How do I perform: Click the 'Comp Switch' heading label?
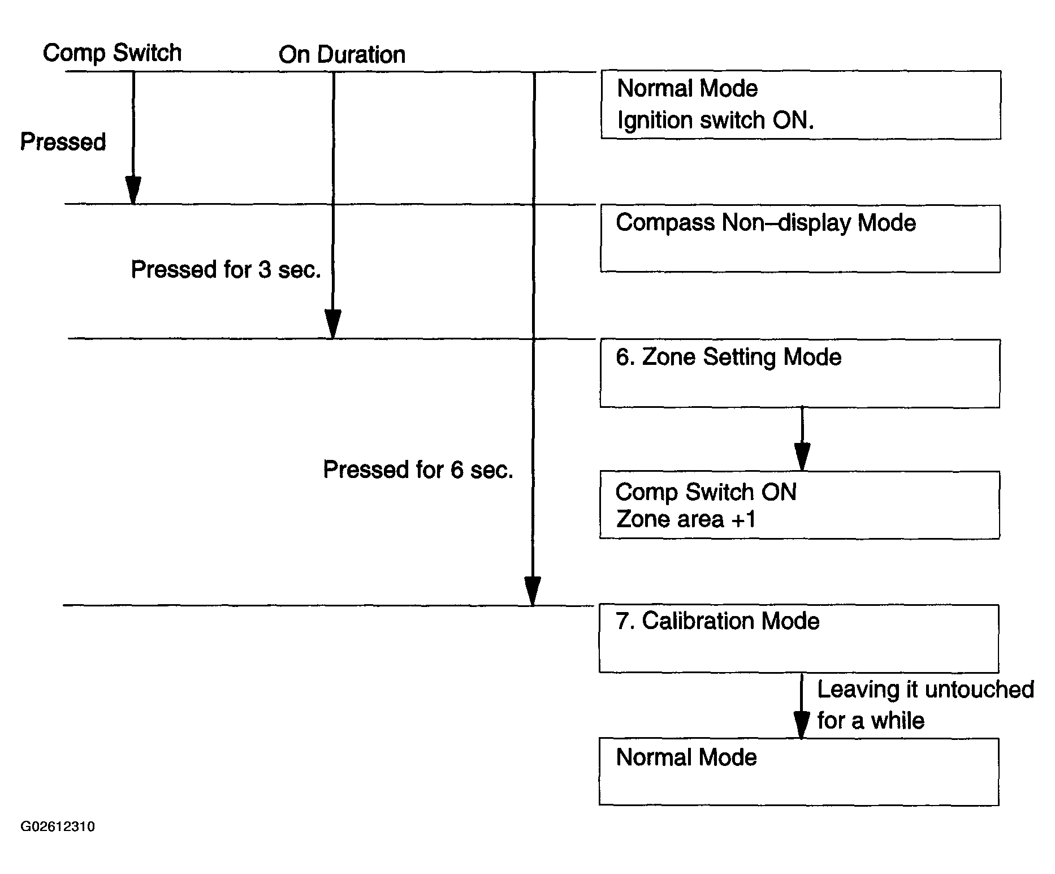[112, 53]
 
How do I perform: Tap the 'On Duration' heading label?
[342, 55]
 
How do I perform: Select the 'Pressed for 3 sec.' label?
[226, 270]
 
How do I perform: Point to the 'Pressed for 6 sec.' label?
[418, 470]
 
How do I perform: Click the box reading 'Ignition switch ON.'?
[800, 105]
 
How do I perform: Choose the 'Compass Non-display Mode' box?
[799, 239]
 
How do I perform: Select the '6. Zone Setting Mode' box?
[799, 373]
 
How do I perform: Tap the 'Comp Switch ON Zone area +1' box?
[799, 505]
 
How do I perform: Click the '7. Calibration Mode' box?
[798, 639]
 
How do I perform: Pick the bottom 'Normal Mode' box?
[798, 772]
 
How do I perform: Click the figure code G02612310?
[58, 827]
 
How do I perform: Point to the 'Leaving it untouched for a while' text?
[925, 705]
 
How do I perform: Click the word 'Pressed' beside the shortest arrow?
[63, 142]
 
